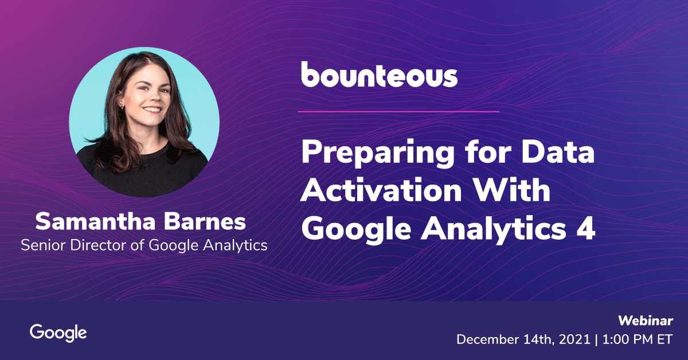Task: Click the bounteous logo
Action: point(380,75)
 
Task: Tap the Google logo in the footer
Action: point(58,333)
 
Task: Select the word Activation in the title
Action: point(381,190)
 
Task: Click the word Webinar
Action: point(646,320)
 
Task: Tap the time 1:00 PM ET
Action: point(638,340)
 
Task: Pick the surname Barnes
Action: point(205,221)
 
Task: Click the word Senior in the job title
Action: point(44,245)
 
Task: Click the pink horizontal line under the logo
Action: point(398,112)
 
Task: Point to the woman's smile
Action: point(153,109)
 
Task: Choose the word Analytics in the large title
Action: point(493,229)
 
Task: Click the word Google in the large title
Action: point(356,229)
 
